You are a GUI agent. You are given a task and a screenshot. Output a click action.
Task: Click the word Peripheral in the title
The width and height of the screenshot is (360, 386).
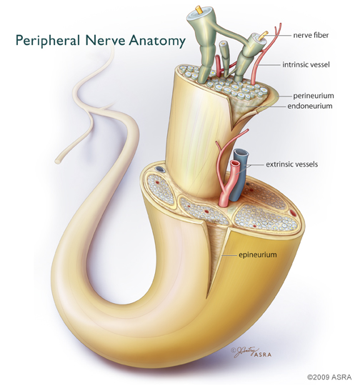pyautogui.click(x=48, y=41)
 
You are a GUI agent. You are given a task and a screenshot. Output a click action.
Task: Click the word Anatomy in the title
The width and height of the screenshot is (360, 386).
pyautogui.click(x=157, y=41)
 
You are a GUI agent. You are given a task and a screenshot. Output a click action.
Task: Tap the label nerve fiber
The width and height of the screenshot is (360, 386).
pyautogui.click(x=311, y=35)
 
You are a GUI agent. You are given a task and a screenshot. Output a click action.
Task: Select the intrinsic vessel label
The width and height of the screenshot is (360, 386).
pyautogui.click(x=306, y=64)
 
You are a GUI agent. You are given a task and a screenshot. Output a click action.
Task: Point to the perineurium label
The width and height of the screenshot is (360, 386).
pyautogui.click(x=314, y=96)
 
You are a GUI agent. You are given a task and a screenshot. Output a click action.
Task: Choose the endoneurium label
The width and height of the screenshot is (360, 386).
pyautogui.click(x=310, y=106)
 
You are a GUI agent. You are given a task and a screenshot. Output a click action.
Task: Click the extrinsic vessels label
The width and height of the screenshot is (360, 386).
pyautogui.click(x=292, y=164)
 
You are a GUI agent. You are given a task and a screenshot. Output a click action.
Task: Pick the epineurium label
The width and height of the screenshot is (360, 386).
pyautogui.click(x=258, y=254)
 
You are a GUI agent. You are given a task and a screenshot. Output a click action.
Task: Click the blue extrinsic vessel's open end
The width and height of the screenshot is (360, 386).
pyautogui.click(x=241, y=153)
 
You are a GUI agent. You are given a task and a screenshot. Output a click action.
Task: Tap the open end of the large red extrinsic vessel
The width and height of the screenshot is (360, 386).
pyautogui.click(x=235, y=163)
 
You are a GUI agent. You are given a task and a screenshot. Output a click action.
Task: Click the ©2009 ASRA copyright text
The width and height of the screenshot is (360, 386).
pyautogui.click(x=329, y=377)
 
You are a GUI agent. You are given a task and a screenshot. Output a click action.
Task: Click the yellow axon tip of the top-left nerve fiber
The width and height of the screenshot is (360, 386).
pyautogui.click(x=198, y=9)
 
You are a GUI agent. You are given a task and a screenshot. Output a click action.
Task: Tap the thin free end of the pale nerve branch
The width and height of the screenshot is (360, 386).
pyautogui.click(x=58, y=161)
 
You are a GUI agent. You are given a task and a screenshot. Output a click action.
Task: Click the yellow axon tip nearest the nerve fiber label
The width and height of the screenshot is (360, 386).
pyautogui.click(x=264, y=34)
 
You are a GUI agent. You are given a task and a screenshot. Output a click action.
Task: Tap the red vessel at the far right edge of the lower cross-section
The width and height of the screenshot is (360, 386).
pyautogui.click(x=293, y=212)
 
